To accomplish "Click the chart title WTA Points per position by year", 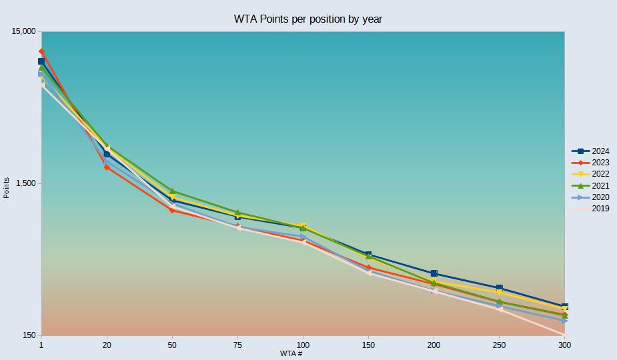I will tap(307, 19).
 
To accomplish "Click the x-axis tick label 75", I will tap(237, 345).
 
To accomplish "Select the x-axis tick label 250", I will tap(499, 345).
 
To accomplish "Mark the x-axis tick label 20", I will tap(107, 345).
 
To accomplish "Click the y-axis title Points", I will tap(7, 187).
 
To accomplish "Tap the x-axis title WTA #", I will tap(291, 353).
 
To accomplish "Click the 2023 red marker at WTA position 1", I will tap(41, 51).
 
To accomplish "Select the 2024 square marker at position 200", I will tap(434, 273).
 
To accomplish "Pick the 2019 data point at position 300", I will tap(564, 335).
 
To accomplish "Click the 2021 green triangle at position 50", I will tap(172, 191).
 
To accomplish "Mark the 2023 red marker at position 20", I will tap(107, 167).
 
